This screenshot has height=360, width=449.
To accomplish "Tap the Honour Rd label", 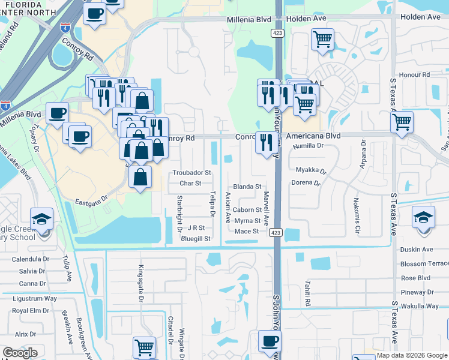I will coord(418,75).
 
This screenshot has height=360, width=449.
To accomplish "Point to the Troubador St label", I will coord(192,173).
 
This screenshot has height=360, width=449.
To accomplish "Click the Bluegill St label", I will coord(196,239).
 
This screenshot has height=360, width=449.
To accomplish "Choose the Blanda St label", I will coord(247,187).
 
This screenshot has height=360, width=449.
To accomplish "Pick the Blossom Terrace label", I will coord(424,264).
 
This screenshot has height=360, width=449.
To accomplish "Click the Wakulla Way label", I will coord(420,306).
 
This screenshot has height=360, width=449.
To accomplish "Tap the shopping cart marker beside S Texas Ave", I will coord(402,122).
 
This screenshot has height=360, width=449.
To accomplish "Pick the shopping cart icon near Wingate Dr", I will coord(145,347).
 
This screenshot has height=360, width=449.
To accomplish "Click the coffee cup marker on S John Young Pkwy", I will coord(270,341).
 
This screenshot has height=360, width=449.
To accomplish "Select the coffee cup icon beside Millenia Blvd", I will coord(57,113).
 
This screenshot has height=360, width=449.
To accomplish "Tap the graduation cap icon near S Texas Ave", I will coord(423,217).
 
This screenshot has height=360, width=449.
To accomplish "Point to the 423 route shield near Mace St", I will coord(276,232).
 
